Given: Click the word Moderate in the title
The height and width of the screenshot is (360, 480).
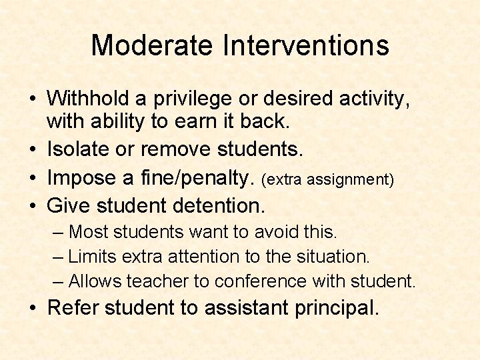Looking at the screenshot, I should tap(151, 45).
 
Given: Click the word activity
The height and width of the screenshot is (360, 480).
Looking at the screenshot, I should tap(373, 99).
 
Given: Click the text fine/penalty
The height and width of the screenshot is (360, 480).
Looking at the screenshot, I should tap(193, 179).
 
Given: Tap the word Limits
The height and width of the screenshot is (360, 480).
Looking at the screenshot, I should tap(92, 256).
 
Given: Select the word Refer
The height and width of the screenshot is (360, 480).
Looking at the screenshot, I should tap(71, 307).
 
